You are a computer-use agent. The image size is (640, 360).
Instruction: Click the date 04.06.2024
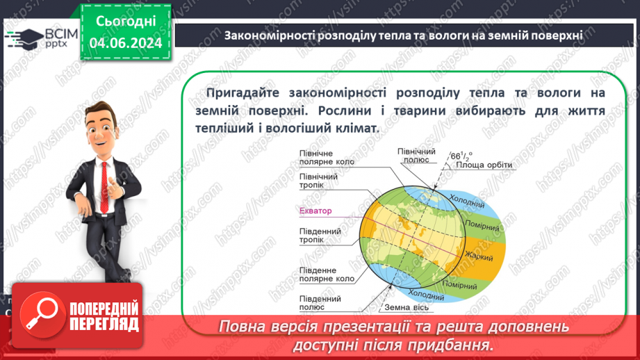(x=126, y=43)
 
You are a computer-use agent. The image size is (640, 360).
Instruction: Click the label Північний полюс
(x=416, y=155)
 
